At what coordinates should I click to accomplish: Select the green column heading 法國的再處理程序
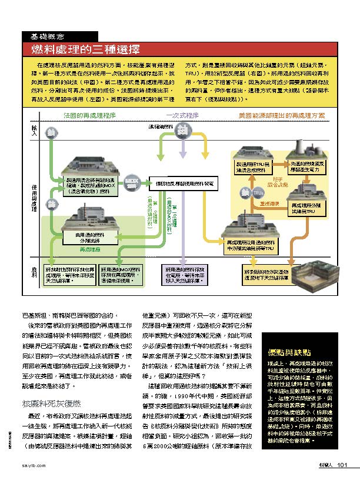89,116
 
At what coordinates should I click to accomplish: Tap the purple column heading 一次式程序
183,116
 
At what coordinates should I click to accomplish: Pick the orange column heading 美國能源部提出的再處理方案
281,116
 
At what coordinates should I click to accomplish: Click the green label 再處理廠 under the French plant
89,249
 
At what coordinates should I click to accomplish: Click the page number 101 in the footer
344,466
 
